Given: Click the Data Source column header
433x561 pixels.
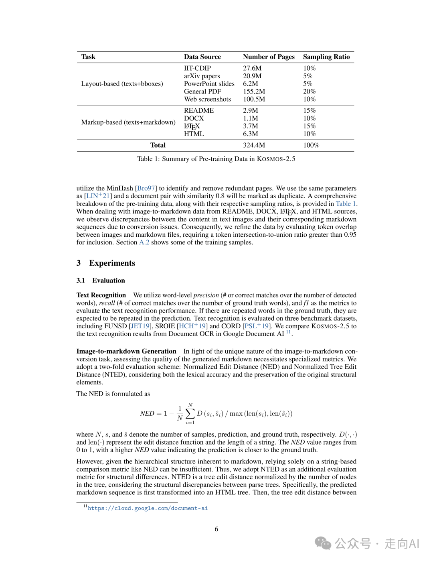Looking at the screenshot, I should pos(202,57).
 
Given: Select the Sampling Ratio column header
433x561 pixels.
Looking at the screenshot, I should pos(326,57).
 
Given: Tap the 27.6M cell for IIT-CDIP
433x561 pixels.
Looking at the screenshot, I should pos(252,68).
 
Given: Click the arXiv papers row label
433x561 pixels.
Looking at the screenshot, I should pos(202,76).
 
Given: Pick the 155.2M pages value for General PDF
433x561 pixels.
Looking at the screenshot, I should pos(254,91).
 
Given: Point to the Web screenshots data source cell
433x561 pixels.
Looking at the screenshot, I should pos(207,99).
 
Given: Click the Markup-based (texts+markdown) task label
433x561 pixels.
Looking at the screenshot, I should pos(128,122).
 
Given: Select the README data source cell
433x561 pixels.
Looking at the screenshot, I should pos(199,110).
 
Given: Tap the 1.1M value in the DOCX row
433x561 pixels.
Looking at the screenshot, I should pos(251,118).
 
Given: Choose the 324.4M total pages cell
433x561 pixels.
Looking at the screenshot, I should pos(254,145).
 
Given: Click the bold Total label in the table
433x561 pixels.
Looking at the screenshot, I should pos(158,145).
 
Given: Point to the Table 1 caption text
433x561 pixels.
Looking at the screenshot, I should pos(216,159).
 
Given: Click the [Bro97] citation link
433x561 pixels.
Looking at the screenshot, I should pos(146,188).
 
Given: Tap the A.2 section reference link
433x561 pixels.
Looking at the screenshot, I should pos(144,242).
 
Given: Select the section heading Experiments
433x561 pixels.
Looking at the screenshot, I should pos(112,263).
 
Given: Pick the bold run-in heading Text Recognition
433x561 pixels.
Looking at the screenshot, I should pos(101,295).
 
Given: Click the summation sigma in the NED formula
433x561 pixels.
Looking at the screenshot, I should pos(190,413).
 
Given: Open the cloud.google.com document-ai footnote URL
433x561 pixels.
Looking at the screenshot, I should pos(148,508).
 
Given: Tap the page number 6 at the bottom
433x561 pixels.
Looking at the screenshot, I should pos(216,529).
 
